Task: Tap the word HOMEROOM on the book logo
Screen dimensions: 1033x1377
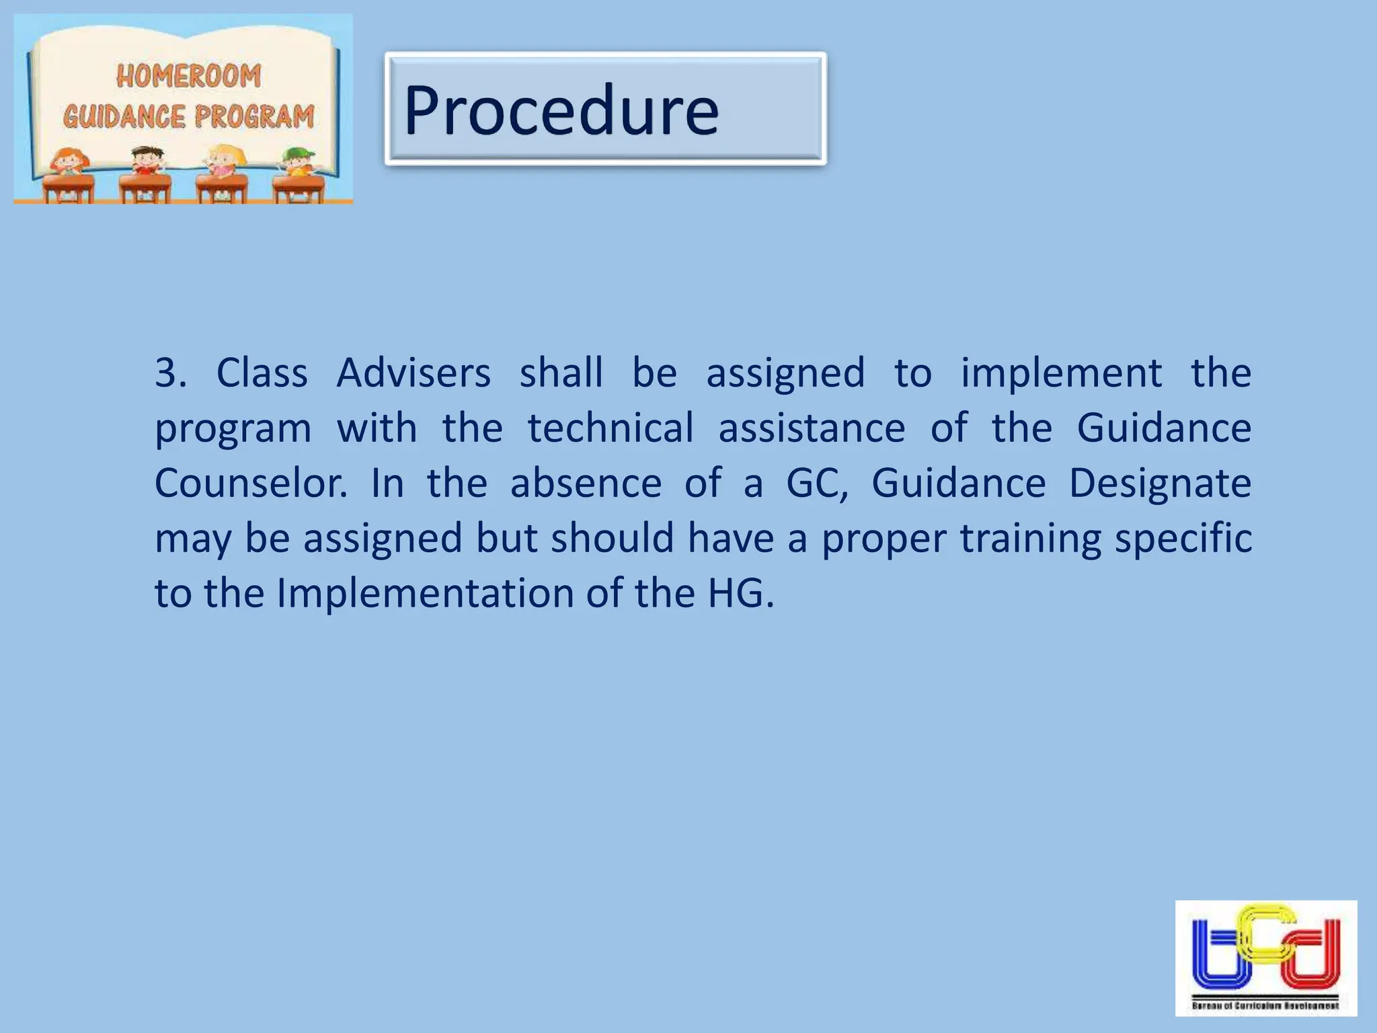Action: click(188, 75)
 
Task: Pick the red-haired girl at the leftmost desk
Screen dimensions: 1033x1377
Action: click(70, 162)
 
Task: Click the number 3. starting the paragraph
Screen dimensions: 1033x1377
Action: click(171, 373)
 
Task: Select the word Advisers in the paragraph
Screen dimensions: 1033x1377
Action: click(414, 373)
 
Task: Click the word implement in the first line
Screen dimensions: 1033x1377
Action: click(1061, 373)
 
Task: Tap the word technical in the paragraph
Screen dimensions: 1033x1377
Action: click(611, 428)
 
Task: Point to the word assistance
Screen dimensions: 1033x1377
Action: click(812, 428)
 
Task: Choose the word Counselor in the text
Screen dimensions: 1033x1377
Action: click(251, 484)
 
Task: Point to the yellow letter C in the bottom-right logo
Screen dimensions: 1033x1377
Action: click(1265, 931)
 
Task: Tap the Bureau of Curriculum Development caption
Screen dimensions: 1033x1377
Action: click(1265, 1006)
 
